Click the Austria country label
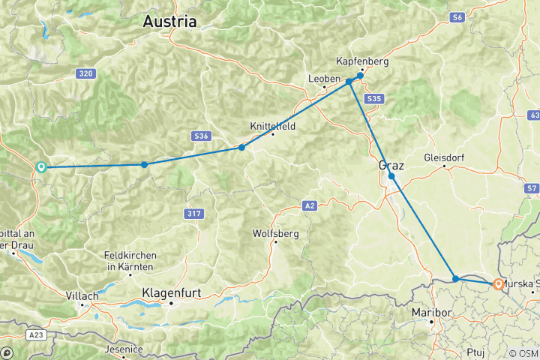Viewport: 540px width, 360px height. point(170,21)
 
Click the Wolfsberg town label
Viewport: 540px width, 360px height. point(276,233)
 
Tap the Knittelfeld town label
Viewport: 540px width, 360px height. point(273,127)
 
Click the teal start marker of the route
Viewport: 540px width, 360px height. point(42,167)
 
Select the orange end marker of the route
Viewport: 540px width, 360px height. point(498,284)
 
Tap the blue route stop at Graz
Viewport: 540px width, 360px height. point(391,176)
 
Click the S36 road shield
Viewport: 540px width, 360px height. point(200,136)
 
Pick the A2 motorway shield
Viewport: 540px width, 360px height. point(310,205)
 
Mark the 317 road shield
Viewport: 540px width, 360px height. point(193,214)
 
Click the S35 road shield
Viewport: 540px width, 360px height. point(375,98)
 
